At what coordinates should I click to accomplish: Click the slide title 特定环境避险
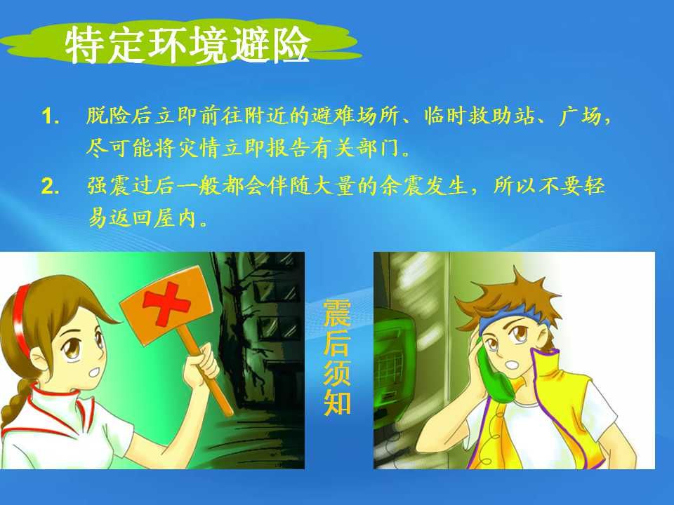click(x=188, y=45)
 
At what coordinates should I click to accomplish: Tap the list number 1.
click(x=51, y=116)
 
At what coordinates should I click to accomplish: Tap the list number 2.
click(x=51, y=187)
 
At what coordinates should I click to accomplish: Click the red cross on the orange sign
click(x=166, y=302)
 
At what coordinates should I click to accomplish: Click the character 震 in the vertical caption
click(x=337, y=312)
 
